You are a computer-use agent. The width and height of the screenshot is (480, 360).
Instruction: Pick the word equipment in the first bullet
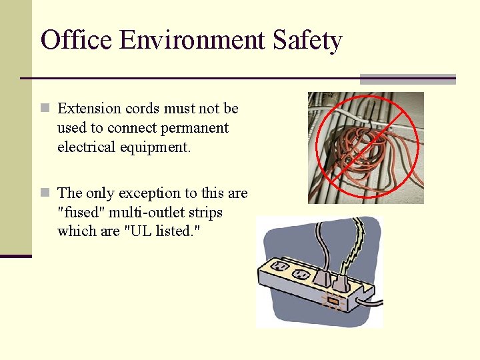[158, 147]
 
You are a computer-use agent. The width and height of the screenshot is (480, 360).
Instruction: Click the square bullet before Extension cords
[45, 108]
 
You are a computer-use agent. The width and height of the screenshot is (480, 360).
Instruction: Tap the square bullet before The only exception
[45, 193]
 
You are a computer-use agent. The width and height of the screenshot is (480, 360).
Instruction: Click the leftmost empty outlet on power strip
[280, 267]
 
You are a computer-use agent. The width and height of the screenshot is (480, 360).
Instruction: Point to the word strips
[206, 212]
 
